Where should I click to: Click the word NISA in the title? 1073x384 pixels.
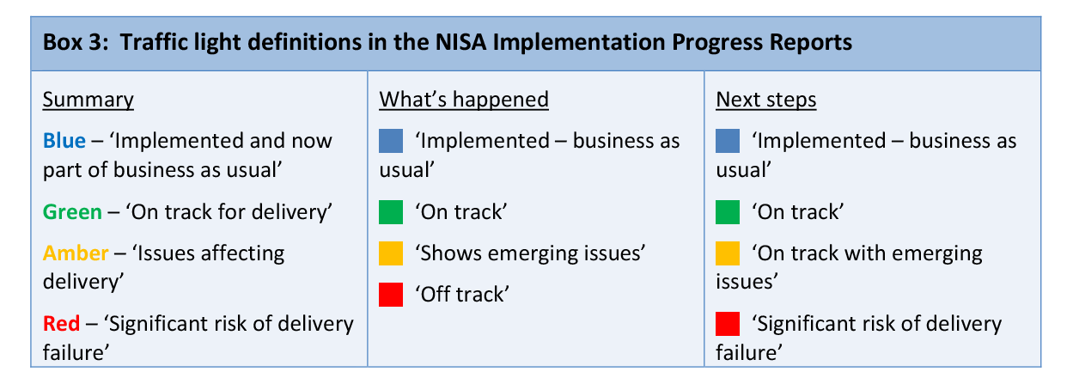click(460, 42)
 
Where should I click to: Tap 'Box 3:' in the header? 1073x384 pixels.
click(76, 42)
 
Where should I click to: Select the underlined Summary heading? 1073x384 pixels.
click(88, 100)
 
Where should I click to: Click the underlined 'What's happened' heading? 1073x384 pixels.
click(464, 100)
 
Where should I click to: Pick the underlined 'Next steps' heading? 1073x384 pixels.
click(766, 100)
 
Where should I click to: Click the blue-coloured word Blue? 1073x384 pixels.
click(64, 141)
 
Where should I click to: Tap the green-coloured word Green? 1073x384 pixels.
click(72, 211)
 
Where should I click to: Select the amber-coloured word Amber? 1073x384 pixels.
click(76, 253)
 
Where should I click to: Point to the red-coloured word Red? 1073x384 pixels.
click(61, 323)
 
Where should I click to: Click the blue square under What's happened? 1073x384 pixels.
click(391, 141)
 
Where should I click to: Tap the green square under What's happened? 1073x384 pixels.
click(391, 212)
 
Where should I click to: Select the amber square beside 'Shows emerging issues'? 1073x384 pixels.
click(391, 253)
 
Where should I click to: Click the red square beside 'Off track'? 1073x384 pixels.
click(391, 295)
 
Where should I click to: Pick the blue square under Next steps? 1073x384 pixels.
click(728, 141)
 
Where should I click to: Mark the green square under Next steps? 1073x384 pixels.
click(728, 212)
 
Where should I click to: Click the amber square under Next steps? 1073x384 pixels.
click(728, 253)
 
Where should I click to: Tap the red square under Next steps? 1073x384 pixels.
click(728, 324)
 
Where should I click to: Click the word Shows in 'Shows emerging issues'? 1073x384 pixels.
click(451, 253)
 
